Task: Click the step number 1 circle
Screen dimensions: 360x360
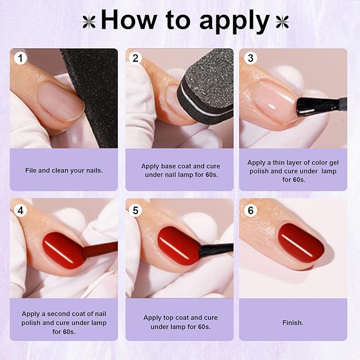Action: click(x=20, y=58)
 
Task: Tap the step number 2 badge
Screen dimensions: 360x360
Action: click(x=135, y=58)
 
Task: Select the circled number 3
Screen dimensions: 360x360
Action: click(x=250, y=58)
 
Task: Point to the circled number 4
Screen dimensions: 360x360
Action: click(x=20, y=210)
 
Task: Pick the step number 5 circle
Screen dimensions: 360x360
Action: click(x=135, y=210)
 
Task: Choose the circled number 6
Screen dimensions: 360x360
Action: click(x=250, y=210)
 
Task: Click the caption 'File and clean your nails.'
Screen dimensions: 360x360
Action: click(x=64, y=170)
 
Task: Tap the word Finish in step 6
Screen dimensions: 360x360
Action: click(x=293, y=322)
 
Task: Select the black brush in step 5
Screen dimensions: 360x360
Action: click(x=215, y=248)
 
